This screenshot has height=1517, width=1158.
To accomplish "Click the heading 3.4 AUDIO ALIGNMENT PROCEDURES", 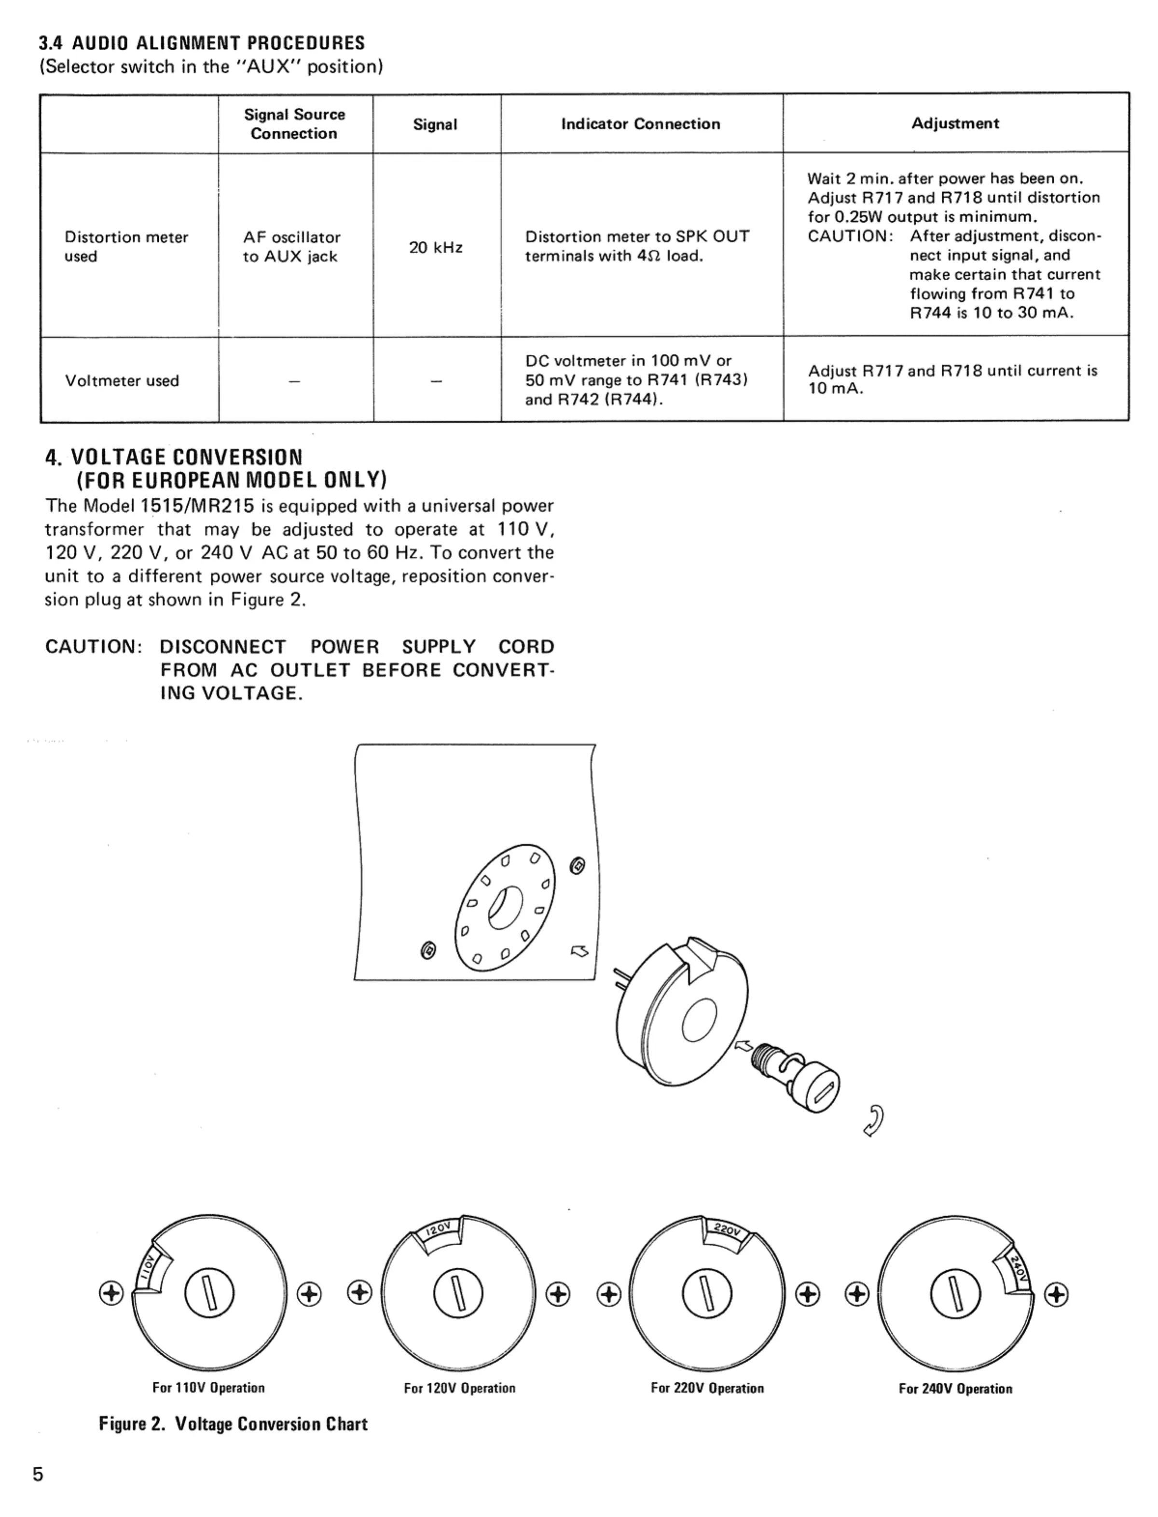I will (201, 43).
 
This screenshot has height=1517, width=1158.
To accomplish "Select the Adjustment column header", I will (955, 124).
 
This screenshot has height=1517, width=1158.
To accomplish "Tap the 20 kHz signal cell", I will (436, 247).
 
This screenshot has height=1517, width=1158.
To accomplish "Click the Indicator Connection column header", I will (640, 124).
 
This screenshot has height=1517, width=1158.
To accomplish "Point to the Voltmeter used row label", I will (122, 380).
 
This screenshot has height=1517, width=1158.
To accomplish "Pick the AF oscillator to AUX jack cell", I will (291, 247).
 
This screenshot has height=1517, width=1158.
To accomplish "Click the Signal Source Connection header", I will (294, 124).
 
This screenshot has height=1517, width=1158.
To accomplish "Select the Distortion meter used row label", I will (126, 247).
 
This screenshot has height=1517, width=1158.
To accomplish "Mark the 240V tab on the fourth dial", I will (1018, 1267).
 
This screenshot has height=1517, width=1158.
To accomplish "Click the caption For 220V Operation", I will (707, 1388).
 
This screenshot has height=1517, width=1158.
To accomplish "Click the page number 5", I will (38, 1474).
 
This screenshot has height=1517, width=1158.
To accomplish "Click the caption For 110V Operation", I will (208, 1388).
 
